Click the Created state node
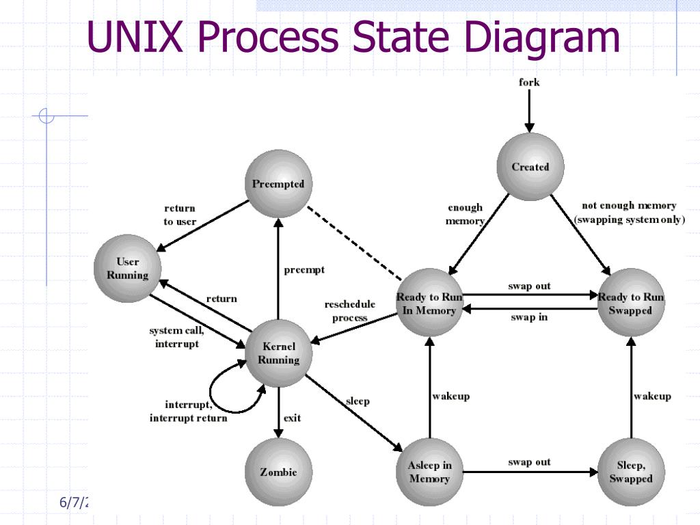(530, 167)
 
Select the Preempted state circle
(278, 184)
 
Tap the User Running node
(127, 268)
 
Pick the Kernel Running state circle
(278, 353)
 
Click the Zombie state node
(278, 472)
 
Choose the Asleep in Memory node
(429, 472)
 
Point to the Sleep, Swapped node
(630, 472)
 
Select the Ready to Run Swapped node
(630, 304)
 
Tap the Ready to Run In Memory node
(429, 304)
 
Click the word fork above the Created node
(529, 83)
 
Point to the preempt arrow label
(304, 269)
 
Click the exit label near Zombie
(292, 418)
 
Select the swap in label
(529, 317)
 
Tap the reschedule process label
(349, 311)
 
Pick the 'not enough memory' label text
(629, 205)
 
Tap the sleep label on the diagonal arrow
(358, 401)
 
